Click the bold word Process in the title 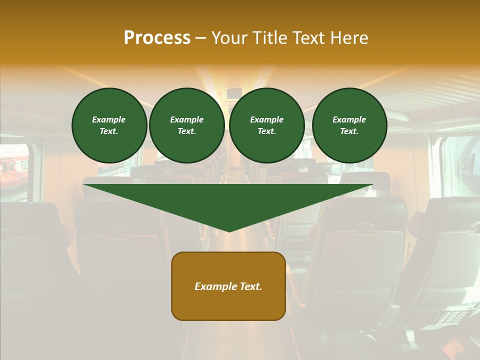point(157,38)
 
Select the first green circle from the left point(109,125)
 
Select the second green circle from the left point(187,125)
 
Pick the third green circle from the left point(267,125)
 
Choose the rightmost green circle point(349,125)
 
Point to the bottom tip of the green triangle point(229,231)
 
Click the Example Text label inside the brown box point(228,286)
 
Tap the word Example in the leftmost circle point(109,119)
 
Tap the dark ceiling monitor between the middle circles point(234,93)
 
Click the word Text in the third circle point(266,131)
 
